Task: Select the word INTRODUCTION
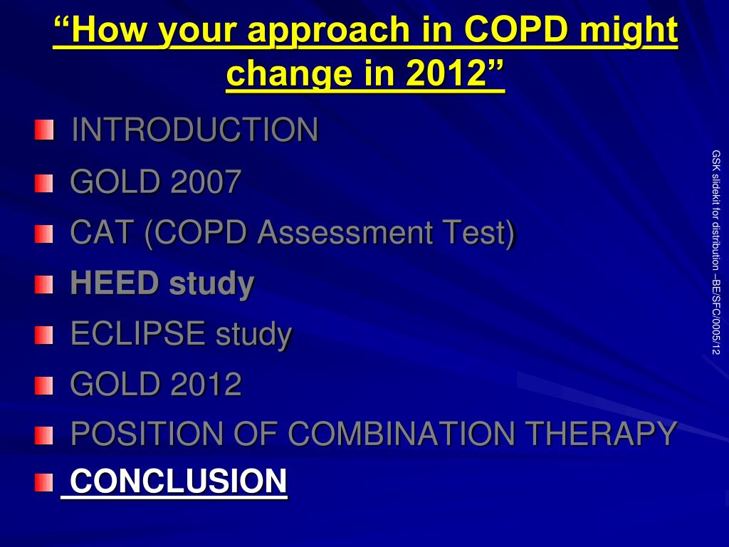pos(195,130)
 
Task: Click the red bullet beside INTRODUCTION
pos(44,130)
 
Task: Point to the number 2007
pos(206,182)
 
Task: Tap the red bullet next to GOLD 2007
pos(43,183)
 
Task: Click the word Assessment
pos(345,232)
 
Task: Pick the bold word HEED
pos(115,283)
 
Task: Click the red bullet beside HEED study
pos(43,285)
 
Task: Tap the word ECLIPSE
pos(138,333)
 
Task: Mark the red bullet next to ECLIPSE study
pos(43,335)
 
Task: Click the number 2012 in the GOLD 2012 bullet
pos(206,384)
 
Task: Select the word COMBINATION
pos(402,434)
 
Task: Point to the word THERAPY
pos(601,434)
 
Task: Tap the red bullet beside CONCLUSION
pos(43,482)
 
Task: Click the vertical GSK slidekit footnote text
pos(716,252)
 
